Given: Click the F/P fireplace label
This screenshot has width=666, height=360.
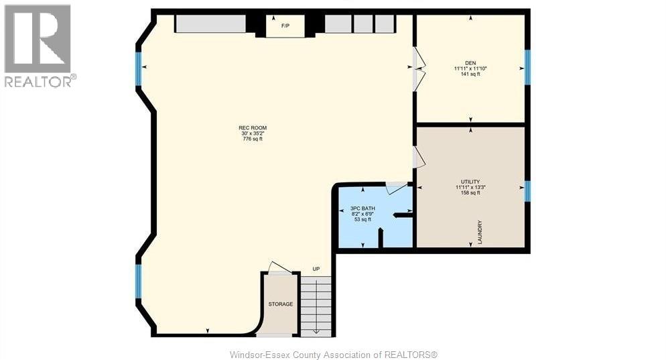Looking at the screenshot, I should point(285,25).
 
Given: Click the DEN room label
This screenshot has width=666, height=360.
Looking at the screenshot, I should point(470,62).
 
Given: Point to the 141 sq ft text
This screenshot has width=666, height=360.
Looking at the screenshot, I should point(470,74).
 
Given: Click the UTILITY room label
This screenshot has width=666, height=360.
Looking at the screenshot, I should point(470,181).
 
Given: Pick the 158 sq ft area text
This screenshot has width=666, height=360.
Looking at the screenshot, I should point(470,193).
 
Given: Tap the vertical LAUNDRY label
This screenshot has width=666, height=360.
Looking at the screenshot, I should point(480,232).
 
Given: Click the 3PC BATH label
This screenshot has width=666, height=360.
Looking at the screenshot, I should point(363,208).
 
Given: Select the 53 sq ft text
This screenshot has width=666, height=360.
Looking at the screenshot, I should point(363,219).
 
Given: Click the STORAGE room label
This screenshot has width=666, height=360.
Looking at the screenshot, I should point(281,304).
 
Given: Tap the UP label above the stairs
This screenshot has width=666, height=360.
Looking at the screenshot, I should point(316,269).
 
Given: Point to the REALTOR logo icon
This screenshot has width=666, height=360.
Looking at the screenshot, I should point(38,39).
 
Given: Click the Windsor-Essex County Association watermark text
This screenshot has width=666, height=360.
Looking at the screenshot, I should point(333,354).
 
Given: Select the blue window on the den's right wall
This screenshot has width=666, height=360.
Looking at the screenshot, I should point(527,67).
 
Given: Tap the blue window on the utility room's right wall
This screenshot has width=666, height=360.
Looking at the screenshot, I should point(527,191).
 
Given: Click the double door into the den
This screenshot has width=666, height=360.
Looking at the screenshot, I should point(419,69).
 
